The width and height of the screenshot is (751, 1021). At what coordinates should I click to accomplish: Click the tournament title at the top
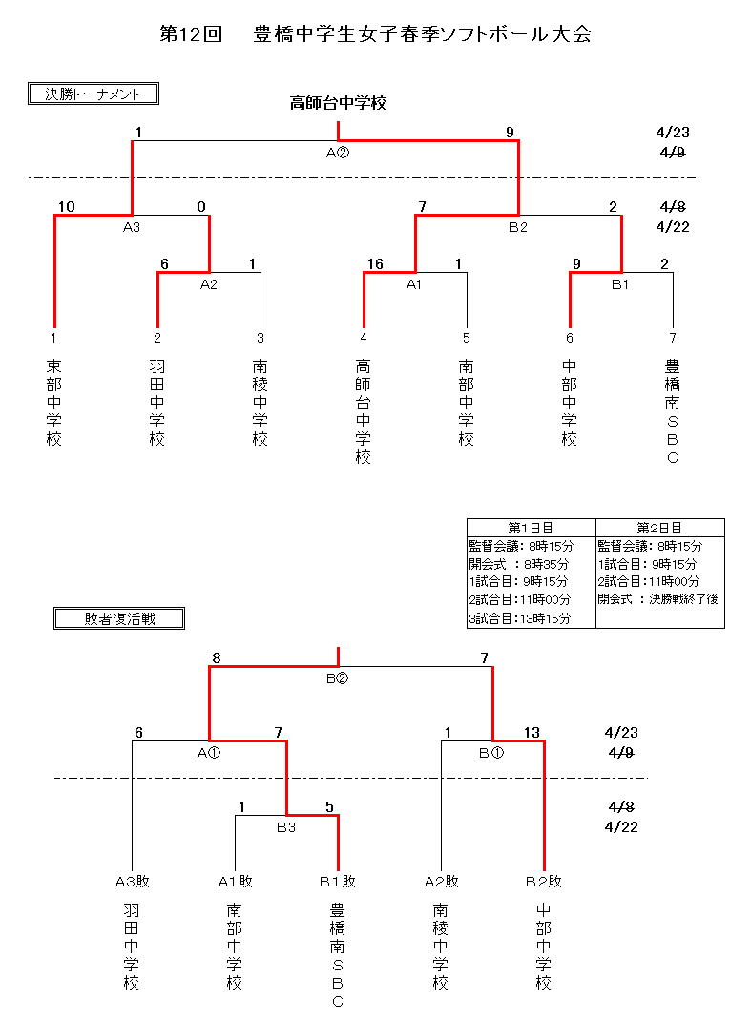coord(375,34)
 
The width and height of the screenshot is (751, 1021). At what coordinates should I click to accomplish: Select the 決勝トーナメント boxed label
coord(93,94)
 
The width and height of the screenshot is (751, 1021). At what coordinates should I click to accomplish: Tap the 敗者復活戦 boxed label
coord(119,618)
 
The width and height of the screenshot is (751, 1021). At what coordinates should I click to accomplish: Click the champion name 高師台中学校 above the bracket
coord(338,103)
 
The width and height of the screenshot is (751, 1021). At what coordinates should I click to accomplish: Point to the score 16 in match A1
coord(374,264)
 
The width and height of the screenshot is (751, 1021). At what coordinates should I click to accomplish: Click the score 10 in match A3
coord(66,207)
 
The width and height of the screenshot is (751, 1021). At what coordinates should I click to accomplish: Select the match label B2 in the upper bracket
coord(518,227)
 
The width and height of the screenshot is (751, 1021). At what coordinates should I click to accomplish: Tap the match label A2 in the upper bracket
coord(210,283)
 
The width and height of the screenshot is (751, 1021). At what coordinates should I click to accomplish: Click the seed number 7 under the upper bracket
coord(673,338)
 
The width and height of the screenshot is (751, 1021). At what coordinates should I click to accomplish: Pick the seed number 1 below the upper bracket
coord(54,338)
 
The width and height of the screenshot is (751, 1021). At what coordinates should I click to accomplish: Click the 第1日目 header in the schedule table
coord(531,528)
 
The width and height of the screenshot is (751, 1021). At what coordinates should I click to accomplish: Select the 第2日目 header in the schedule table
coord(659,528)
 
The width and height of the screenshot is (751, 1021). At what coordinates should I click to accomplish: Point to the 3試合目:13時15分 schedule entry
coord(519,618)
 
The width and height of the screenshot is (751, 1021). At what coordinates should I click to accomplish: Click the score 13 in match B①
coord(532,733)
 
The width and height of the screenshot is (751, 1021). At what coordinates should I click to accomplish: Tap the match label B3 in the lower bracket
coord(286,827)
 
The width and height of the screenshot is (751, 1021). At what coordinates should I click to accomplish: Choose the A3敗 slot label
coord(132,882)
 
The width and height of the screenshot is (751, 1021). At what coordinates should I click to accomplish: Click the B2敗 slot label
coord(544,882)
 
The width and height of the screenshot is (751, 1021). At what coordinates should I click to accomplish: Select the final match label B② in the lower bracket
coord(338,678)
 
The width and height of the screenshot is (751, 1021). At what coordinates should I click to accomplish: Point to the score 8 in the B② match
coord(217,657)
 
